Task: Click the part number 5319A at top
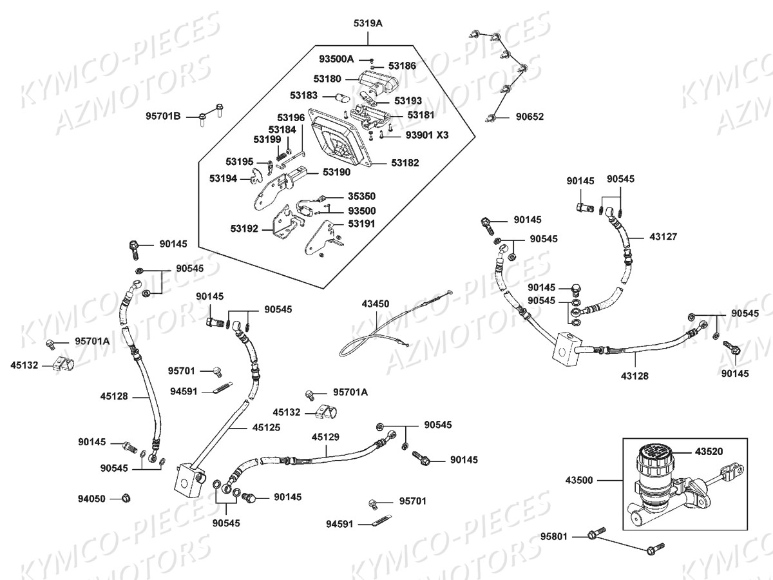tap(367, 23)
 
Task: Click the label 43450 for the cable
tap(375, 303)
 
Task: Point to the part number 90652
tap(530, 117)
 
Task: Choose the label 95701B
tap(163, 117)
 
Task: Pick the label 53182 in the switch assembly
tap(405, 163)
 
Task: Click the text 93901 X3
tap(426, 135)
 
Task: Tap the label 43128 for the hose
tap(635, 376)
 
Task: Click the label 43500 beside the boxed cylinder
tap(580, 480)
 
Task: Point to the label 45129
tap(325, 436)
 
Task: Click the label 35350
tap(361, 195)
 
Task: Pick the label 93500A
tap(336, 59)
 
